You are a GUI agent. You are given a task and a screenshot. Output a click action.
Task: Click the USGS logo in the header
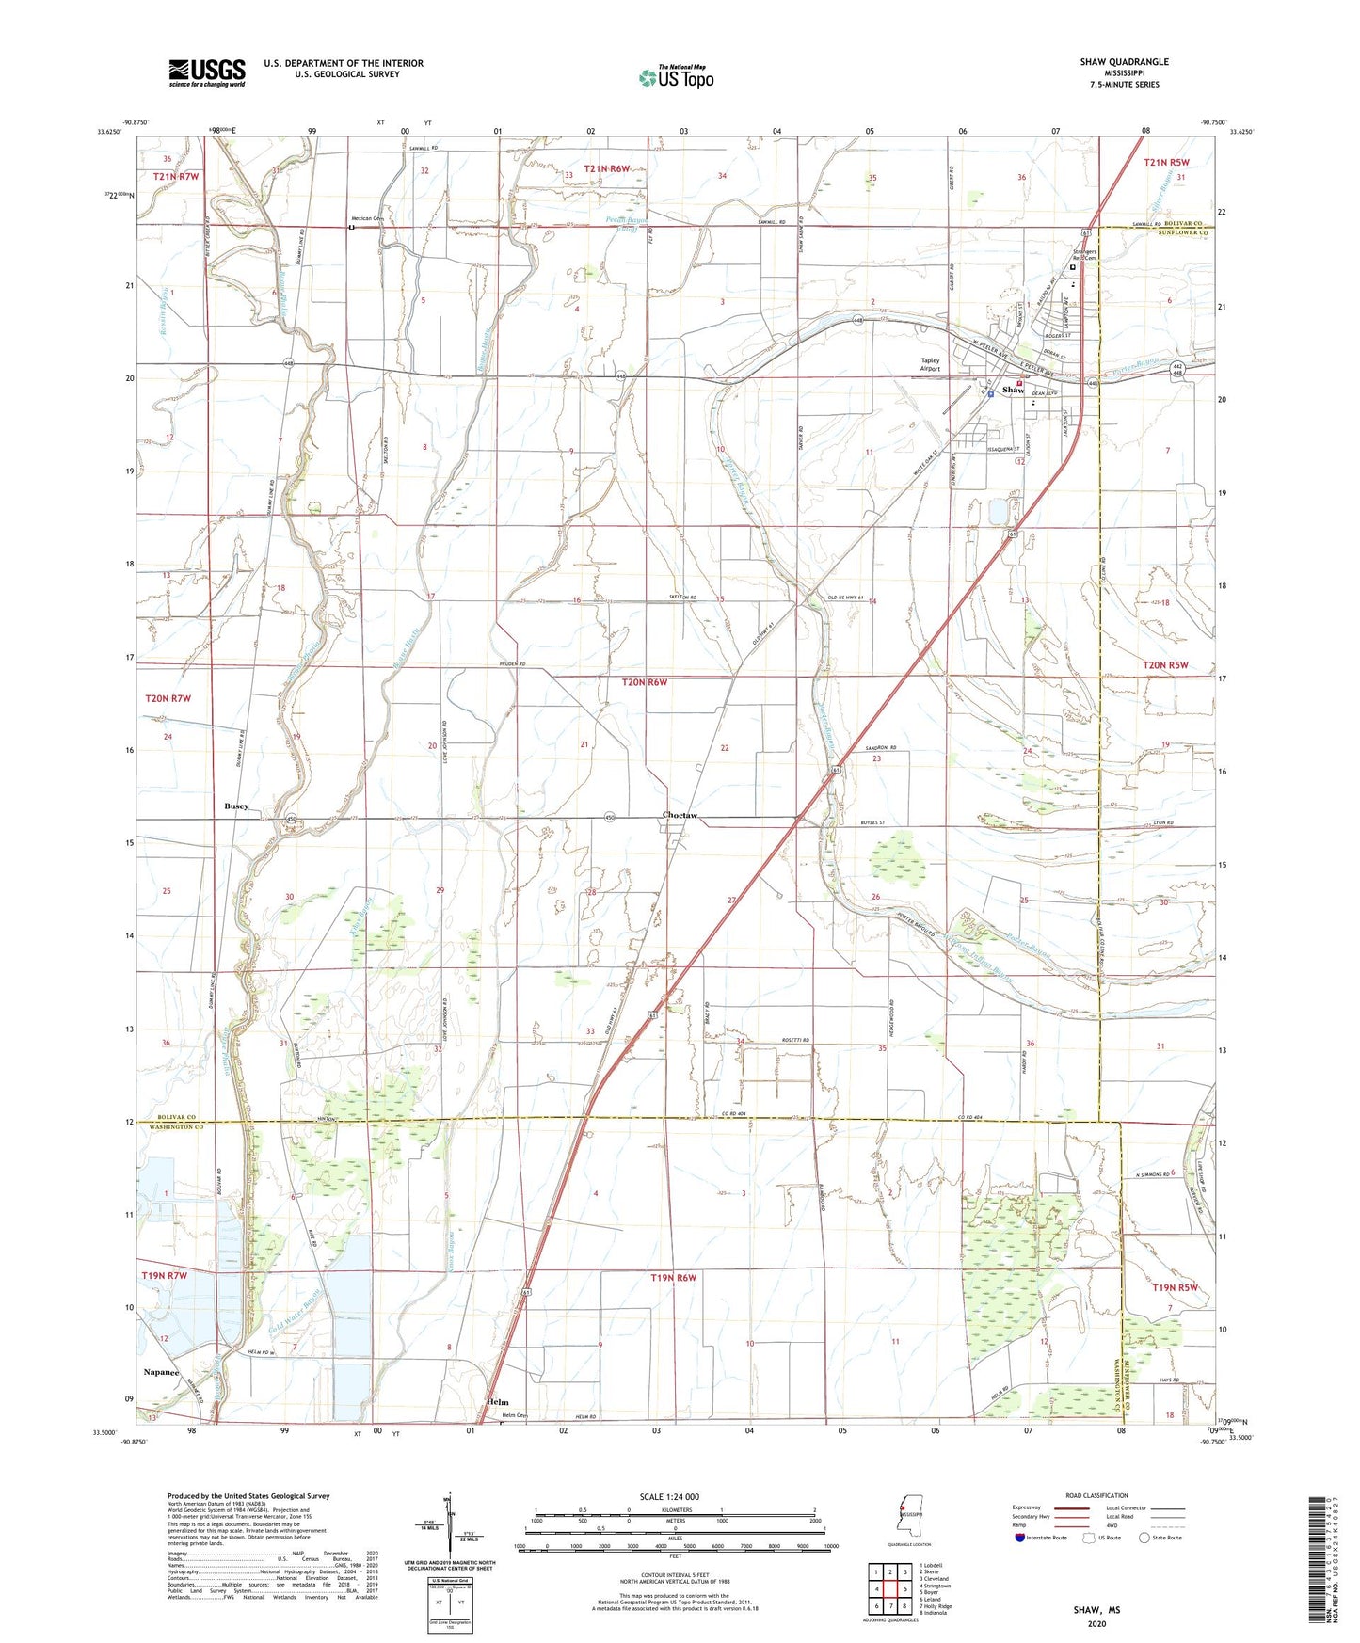click(x=207, y=72)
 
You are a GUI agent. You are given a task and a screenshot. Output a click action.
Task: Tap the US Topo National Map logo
click(x=675, y=77)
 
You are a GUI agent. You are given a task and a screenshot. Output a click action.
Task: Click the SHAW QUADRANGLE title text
click(x=1124, y=62)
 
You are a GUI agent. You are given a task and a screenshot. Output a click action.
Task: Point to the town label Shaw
click(x=1013, y=390)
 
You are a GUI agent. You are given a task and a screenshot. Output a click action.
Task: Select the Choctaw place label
click(x=680, y=815)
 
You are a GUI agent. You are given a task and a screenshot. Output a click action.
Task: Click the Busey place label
click(x=236, y=806)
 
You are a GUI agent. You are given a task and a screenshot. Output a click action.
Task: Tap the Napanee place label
click(x=161, y=1372)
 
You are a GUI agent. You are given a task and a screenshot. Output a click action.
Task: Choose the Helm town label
click(x=499, y=1402)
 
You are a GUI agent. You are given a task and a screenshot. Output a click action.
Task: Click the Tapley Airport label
click(x=930, y=365)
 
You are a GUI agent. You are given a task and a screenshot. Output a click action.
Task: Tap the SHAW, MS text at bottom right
click(x=1096, y=1610)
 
